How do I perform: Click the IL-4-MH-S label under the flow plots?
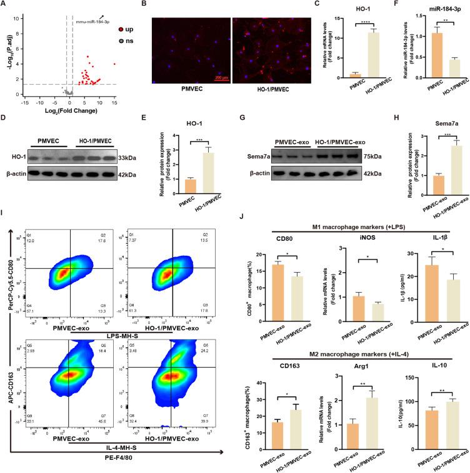(119, 446)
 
